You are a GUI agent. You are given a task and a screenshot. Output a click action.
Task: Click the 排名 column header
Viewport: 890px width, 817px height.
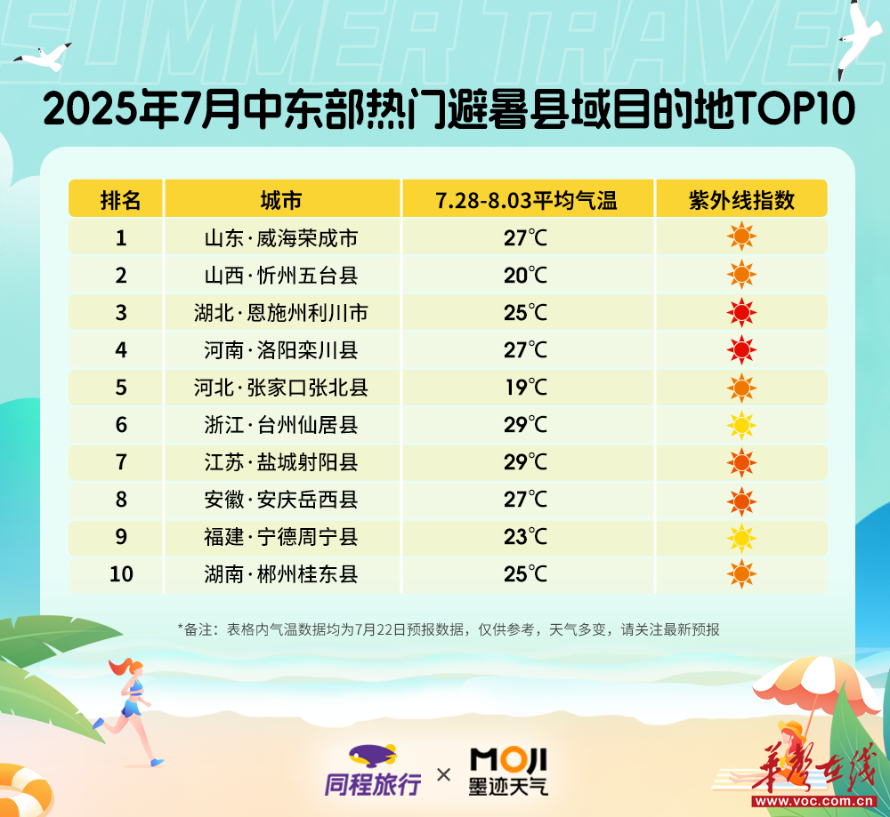point(120,200)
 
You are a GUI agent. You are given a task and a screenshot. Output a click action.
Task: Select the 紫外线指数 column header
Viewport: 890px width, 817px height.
point(741,200)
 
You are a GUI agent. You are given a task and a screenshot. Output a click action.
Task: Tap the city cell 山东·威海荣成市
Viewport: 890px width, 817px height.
point(281,238)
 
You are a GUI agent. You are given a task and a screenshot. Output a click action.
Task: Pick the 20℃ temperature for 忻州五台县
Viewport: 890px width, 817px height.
point(526,276)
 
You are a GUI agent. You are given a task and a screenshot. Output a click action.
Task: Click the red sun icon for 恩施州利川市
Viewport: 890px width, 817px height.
point(741,312)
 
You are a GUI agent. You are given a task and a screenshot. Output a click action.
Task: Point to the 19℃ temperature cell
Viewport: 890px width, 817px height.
point(526,388)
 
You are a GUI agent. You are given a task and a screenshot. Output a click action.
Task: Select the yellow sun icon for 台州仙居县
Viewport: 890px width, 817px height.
point(741,425)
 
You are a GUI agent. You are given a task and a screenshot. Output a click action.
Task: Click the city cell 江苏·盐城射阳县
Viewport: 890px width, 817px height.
point(281,462)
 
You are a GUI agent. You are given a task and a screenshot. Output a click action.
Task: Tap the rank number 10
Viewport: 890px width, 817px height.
point(121,573)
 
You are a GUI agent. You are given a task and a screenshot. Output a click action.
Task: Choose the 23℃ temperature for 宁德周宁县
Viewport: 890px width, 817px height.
point(526,537)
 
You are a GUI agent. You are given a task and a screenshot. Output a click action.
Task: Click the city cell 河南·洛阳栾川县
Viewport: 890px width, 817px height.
point(281,350)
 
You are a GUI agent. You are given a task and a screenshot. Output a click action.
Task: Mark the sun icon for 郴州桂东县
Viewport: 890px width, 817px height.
point(741,573)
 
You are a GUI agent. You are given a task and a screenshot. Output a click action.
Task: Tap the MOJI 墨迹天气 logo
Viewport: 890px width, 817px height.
point(508,771)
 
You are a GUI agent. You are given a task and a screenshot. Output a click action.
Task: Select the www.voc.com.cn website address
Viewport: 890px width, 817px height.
point(814,801)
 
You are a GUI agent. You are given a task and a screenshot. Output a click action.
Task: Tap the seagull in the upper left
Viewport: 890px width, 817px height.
point(43,57)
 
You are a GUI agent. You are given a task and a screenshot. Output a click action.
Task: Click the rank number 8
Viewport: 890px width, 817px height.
point(121,500)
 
